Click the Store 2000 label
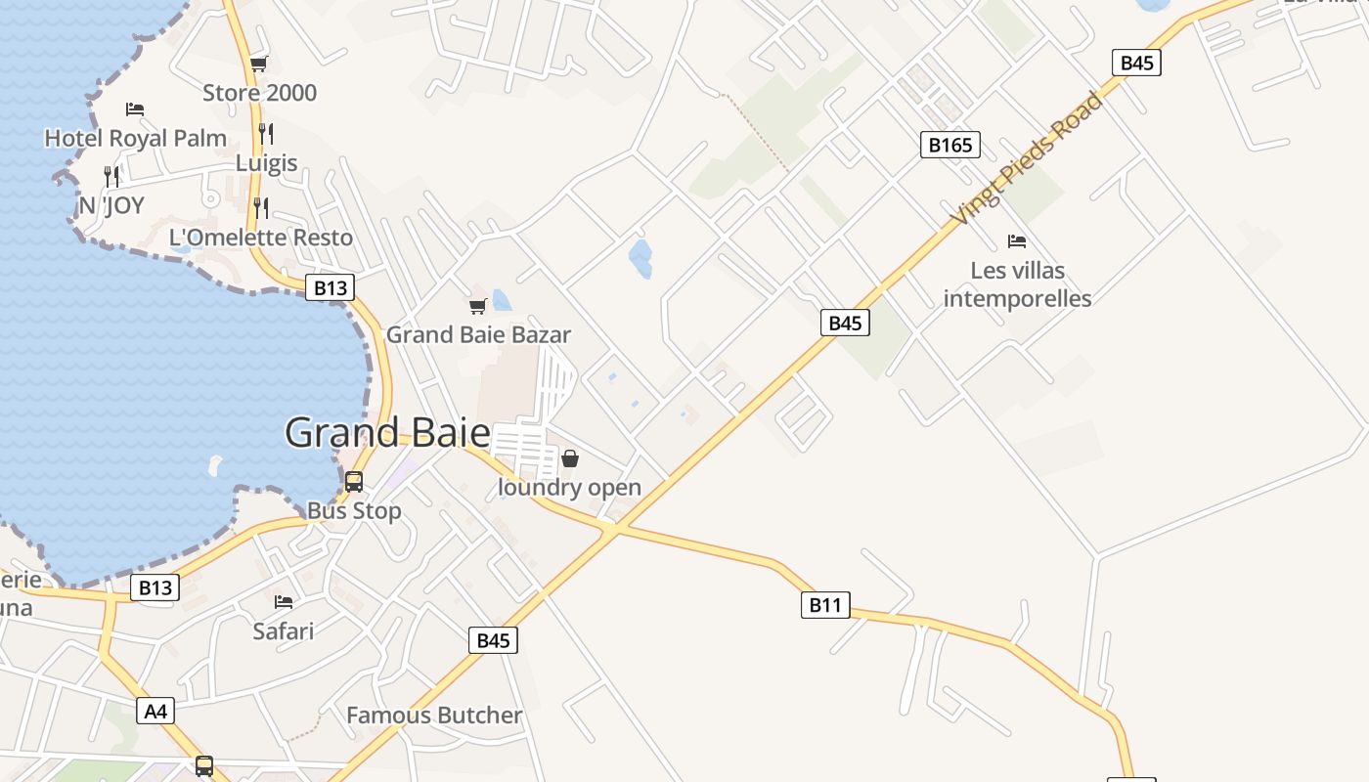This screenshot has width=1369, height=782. (x=259, y=93)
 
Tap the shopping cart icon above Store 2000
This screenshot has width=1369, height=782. (x=258, y=65)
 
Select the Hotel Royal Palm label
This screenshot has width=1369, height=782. (x=135, y=139)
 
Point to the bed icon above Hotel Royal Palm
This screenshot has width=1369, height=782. (x=135, y=109)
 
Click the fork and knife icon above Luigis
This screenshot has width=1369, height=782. (x=266, y=133)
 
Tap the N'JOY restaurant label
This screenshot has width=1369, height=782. (x=111, y=205)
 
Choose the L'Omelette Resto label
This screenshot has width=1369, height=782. (x=261, y=238)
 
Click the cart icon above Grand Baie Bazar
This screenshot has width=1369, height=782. (x=477, y=306)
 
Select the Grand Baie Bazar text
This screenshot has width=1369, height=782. (x=478, y=334)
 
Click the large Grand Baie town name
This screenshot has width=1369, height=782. (x=387, y=432)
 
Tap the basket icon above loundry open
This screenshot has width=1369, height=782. (x=570, y=458)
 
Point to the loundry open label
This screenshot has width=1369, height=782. (x=570, y=487)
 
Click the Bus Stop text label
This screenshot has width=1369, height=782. (x=354, y=511)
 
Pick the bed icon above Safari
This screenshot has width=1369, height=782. (x=284, y=602)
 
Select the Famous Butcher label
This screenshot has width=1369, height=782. (x=434, y=716)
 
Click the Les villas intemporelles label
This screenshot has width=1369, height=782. (x=1017, y=283)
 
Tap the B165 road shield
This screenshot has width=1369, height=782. (x=949, y=146)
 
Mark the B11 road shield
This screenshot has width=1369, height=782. (x=825, y=605)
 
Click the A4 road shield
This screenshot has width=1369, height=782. (x=156, y=711)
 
